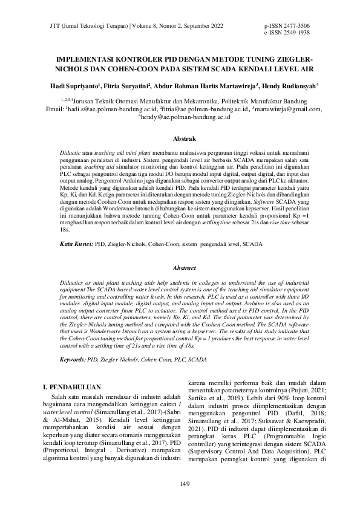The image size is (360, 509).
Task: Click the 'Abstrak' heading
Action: [x=180, y=138]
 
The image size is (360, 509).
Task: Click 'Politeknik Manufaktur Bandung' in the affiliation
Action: [x=257, y=101]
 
